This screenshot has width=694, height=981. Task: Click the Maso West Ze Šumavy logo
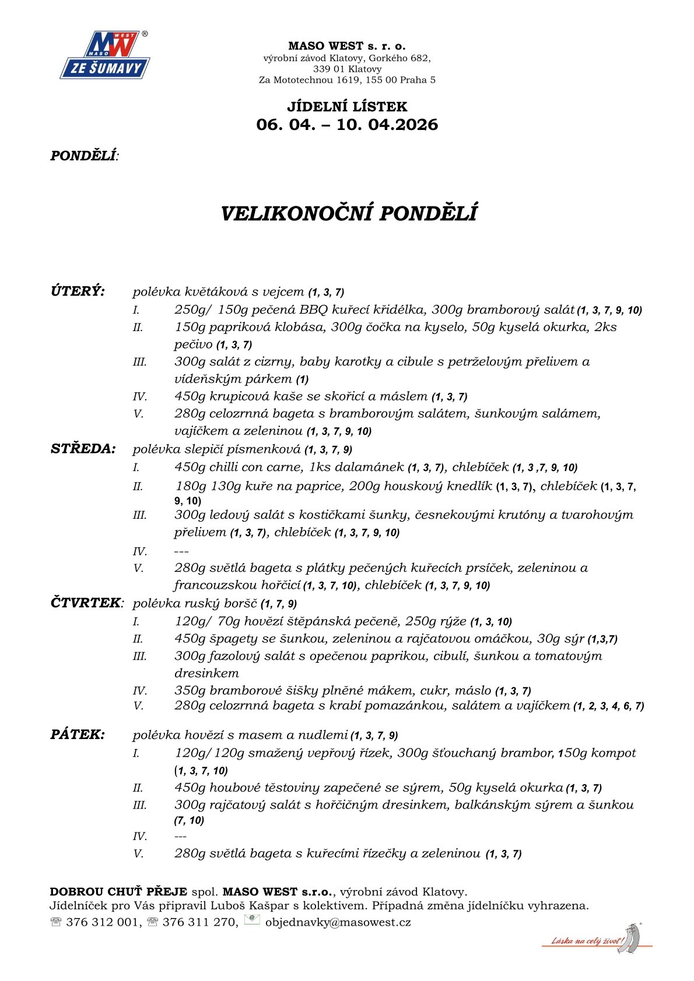click(105, 55)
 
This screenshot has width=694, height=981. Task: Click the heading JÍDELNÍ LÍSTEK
click(347, 107)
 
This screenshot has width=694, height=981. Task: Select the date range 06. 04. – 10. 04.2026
click(347, 125)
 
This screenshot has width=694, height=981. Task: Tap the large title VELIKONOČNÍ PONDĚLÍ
click(349, 213)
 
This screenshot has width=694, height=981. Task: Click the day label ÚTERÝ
click(78, 291)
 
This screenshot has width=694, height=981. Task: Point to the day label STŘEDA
click(83, 449)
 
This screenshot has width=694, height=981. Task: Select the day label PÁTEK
click(78, 734)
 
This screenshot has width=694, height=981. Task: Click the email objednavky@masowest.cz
click(338, 922)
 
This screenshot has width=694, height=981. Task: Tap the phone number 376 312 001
click(103, 922)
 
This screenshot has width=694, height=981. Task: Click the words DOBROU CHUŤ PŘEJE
click(118, 892)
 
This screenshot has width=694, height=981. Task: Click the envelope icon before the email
click(252, 920)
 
